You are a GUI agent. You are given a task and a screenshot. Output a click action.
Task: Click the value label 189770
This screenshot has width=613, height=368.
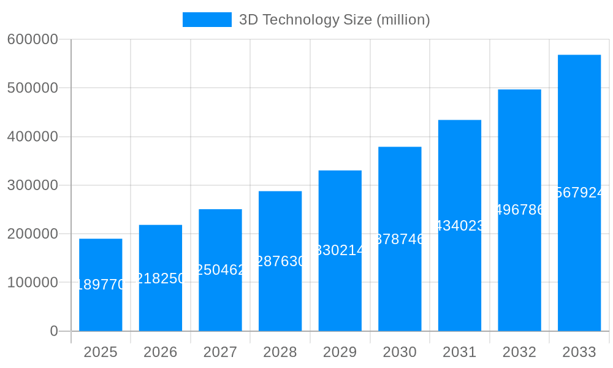(101, 285)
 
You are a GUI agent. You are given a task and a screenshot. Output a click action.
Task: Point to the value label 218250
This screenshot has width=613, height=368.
(161, 278)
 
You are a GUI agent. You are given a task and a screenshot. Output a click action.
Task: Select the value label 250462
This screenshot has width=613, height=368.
(220, 270)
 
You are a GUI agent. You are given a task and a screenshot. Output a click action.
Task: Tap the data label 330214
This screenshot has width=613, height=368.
(340, 250)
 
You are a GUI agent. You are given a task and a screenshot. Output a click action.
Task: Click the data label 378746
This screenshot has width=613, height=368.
(400, 239)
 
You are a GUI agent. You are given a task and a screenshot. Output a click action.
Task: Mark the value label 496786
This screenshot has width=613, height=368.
(519, 210)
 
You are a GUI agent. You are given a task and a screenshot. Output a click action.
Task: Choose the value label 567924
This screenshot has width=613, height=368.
(579, 193)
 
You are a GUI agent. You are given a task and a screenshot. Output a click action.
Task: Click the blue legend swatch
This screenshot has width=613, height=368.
(207, 20)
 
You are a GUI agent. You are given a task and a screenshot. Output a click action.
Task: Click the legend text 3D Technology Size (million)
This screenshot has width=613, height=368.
(334, 20)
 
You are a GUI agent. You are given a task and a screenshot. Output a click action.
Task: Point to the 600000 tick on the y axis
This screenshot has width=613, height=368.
(32, 39)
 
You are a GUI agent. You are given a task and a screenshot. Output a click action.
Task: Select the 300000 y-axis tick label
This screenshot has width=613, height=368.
(32, 185)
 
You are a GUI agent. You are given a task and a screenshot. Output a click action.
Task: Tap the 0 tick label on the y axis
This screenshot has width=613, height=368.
(54, 331)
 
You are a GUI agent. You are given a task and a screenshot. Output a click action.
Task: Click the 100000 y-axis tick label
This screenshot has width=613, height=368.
(32, 283)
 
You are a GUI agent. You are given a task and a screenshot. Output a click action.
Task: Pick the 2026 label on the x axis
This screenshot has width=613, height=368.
(161, 352)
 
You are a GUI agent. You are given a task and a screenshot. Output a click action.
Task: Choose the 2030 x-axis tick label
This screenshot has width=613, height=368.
(400, 352)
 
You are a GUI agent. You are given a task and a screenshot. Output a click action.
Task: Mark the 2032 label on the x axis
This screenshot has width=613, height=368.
(519, 352)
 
